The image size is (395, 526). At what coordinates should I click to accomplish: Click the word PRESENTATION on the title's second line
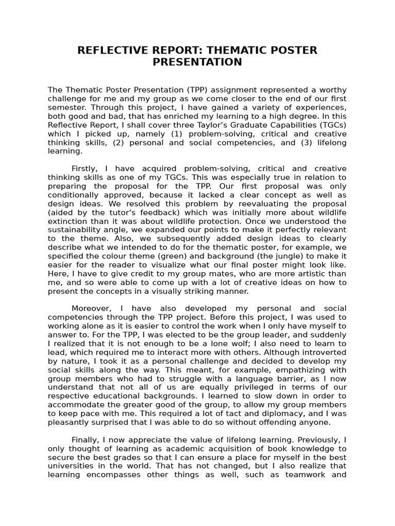[197, 62]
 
